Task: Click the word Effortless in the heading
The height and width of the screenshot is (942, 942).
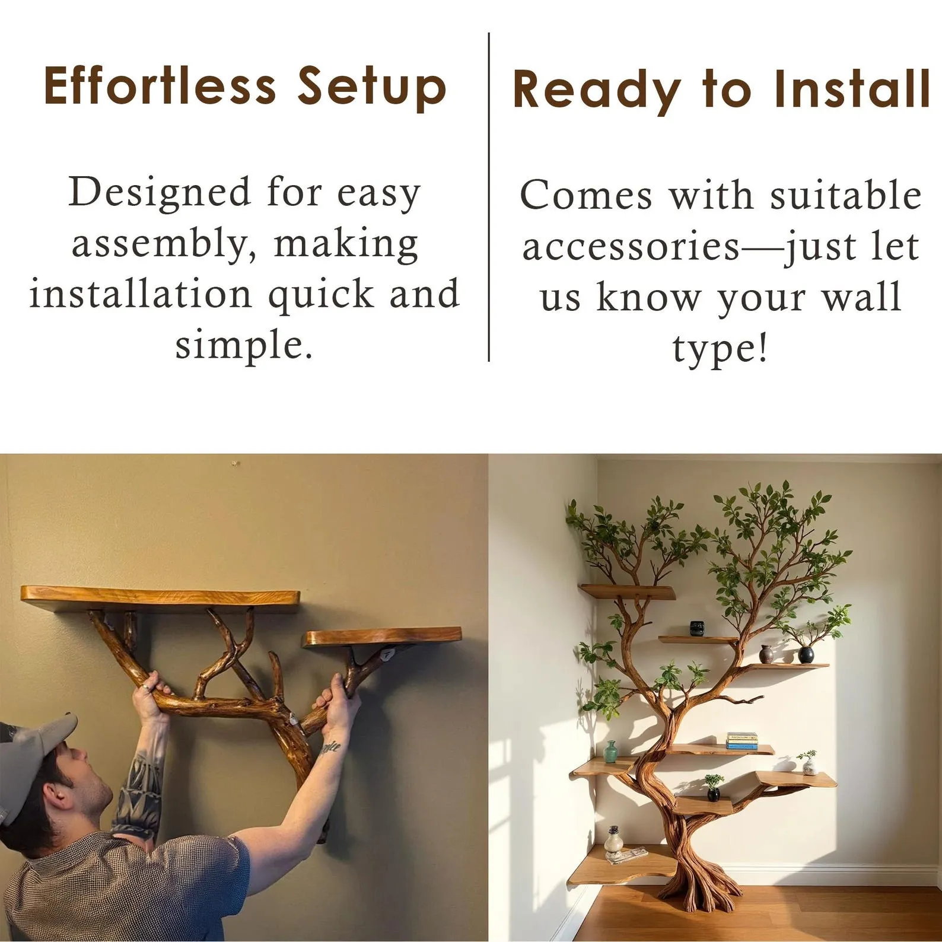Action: coord(160,85)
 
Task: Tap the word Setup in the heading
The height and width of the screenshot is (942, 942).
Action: coord(372,88)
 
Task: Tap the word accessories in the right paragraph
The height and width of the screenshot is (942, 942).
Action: coord(631,246)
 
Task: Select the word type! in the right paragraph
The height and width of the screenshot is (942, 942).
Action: coord(720,349)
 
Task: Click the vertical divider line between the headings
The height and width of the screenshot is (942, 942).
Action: coord(489,197)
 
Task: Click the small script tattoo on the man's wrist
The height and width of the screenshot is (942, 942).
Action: coord(330,747)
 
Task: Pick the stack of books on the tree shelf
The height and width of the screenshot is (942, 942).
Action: coord(742,741)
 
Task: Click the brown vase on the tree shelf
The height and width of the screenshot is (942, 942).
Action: coord(766,654)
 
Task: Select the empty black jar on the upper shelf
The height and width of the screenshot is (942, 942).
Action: coord(697,629)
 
